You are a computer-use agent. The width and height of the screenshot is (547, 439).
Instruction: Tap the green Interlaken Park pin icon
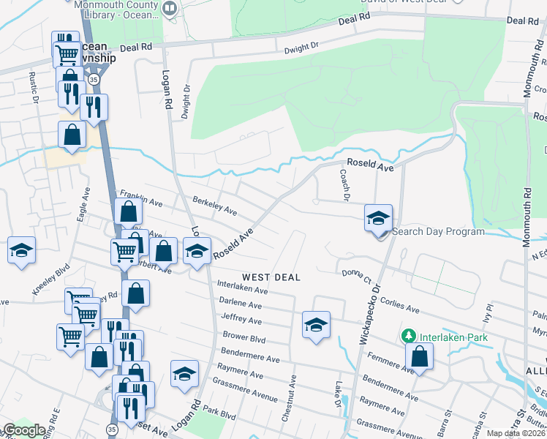409,337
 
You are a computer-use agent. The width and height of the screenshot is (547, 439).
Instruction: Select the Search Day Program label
438,232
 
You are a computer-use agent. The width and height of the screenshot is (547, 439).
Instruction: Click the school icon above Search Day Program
378,218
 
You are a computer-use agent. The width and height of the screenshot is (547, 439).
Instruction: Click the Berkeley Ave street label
214,206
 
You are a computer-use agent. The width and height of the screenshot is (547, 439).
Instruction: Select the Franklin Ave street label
139,198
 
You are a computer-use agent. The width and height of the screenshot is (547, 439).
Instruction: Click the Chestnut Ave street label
293,399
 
